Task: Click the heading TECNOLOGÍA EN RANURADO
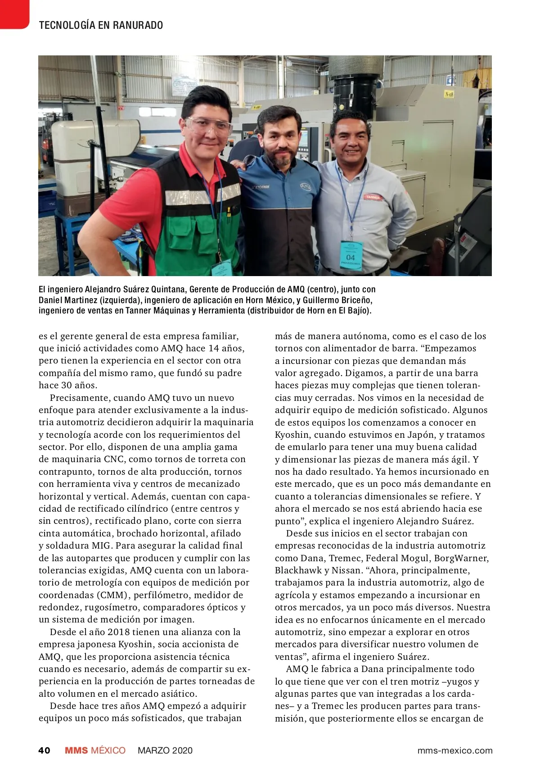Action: pyautogui.click(x=101, y=25)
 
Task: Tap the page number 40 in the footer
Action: pyautogui.click(x=44, y=750)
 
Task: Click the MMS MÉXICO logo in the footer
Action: pyautogui.click(x=95, y=750)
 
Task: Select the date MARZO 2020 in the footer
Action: pyautogui.click(x=165, y=750)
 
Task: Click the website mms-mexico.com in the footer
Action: pyautogui.click(x=455, y=750)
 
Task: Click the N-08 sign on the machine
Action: pyautogui.click(x=449, y=94)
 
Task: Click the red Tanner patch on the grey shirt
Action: pyautogui.click(x=373, y=197)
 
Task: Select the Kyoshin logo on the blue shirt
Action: pyautogui.click(x=260, y=186)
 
